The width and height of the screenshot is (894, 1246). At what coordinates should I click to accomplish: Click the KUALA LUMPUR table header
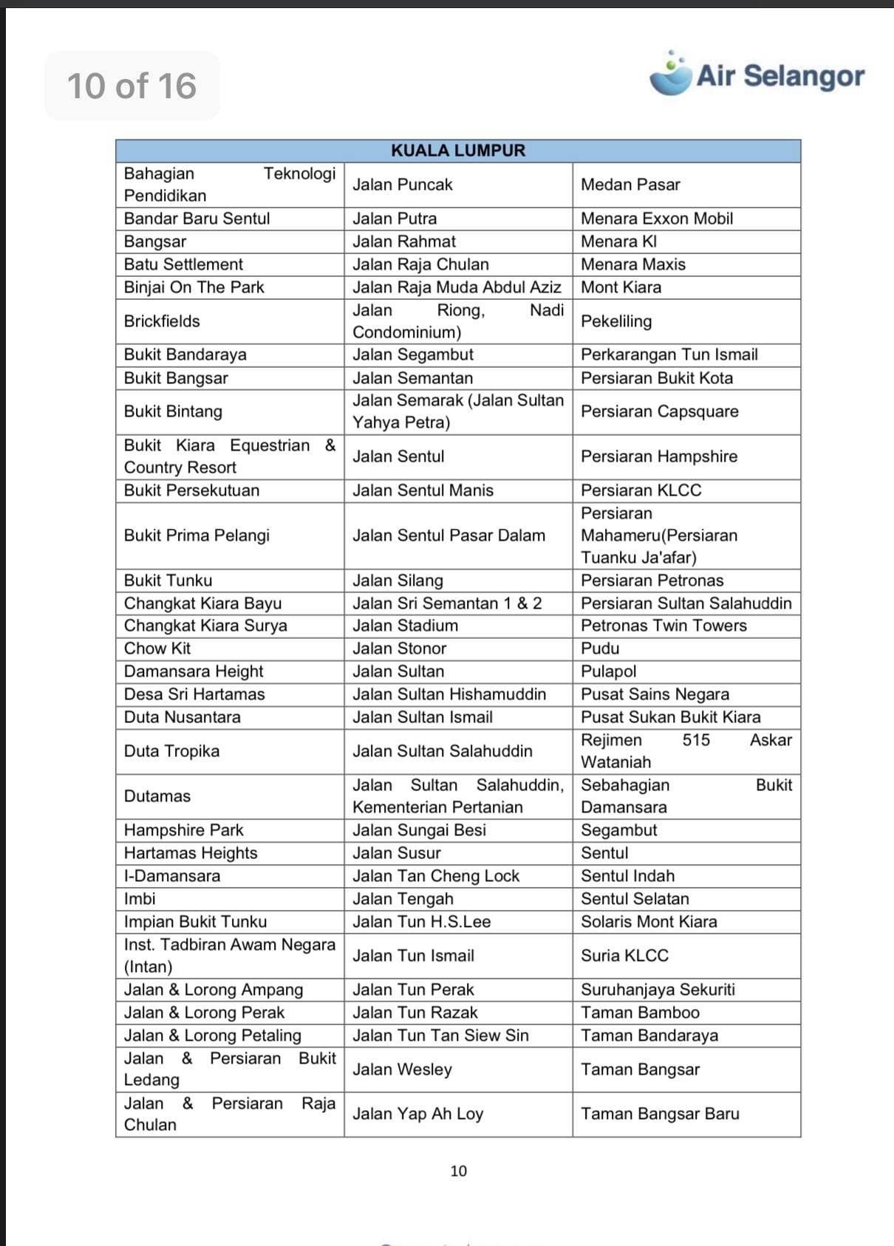[x=458, y=151]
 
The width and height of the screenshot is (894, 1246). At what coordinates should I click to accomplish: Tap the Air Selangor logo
[x=757, y=75]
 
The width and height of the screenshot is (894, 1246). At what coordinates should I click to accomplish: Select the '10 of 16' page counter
[x=132, y=86]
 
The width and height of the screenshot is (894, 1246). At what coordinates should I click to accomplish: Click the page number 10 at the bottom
[x=458, y=1171]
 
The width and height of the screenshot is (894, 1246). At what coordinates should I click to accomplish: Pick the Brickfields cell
[x=162, y=321]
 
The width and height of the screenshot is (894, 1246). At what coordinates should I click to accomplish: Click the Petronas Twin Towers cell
[x=663, y=626]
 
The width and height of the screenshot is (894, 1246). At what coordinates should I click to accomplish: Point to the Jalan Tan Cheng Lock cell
[x=436, y=876]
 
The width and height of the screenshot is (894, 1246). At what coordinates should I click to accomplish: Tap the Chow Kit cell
[x=157, y=648]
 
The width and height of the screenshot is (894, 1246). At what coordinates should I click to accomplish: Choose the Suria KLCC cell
[x=624, y=956]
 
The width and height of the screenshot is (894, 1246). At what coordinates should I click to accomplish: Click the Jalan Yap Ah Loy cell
[x=417, y=1114]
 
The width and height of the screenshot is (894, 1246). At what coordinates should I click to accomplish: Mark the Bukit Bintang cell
[x=173, y=411]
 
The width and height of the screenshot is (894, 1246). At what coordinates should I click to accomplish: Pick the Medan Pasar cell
[x=630, y=185]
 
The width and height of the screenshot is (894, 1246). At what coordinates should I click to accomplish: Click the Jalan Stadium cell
[x=405, y=626]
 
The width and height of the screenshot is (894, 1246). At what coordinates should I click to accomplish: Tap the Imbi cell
[x=140, y=899]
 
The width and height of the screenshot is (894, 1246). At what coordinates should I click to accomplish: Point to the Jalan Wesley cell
[x=402, y=1069]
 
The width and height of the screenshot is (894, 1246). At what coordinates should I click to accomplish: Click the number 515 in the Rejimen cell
[x=696, y=740]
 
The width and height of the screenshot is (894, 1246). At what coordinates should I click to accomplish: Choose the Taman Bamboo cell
[x=640, y=1013]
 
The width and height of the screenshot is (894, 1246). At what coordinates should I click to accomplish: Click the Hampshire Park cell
[x=183, y=830]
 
